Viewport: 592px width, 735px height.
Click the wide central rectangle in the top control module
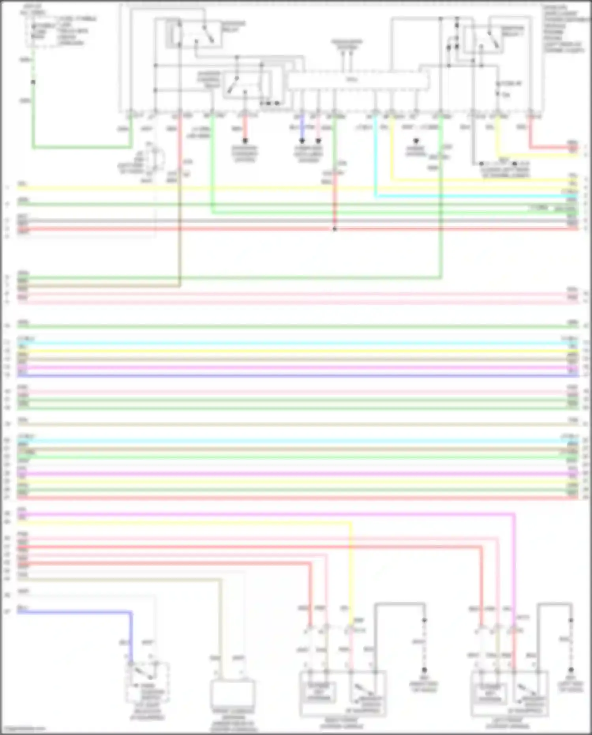coord(358,81)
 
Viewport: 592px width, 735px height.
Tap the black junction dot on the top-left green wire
coord(33,82)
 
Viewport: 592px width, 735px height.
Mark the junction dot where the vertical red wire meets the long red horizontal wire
coord(335,229)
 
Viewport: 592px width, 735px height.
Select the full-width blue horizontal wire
coord(296,376)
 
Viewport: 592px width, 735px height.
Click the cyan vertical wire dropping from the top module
coord(375,158)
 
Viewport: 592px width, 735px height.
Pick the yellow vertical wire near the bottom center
coord(351,573)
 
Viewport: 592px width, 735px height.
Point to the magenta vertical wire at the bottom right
coord(514,573)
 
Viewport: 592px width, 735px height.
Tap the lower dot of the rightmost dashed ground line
coord(571,670)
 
